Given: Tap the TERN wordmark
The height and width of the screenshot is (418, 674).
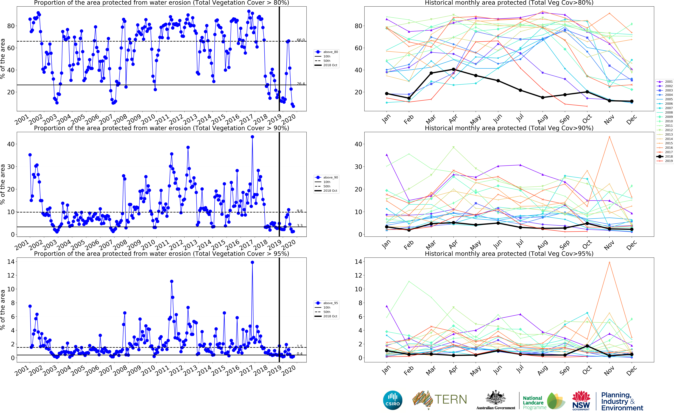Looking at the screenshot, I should pyautogui.click(x=451, y=399).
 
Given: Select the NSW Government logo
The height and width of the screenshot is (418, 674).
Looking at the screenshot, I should pyautogui.click(x=581, y=400).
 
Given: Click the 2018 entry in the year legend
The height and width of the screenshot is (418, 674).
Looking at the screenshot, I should pyautogui.click(x=665, y=156).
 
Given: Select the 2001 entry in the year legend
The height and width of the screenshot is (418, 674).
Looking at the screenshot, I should pyautogui.click(x=665, y=82).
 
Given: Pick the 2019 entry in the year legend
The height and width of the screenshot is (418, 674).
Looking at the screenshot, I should pyautogui.click(x=665, y=161).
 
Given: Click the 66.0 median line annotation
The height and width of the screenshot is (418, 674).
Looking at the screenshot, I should pyautogui.click(x=301, y=40).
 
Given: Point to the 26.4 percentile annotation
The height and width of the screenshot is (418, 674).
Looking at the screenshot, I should pyautogui.click(x=301, y=83).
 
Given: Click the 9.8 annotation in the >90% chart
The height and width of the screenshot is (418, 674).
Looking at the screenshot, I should pyautogui.click(x=300, y=211).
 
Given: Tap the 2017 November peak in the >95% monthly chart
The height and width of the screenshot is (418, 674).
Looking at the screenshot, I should pyautogui.click(x=609, y=262).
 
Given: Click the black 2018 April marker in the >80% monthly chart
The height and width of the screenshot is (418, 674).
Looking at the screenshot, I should pyautogui.click(x=453, y=69).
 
